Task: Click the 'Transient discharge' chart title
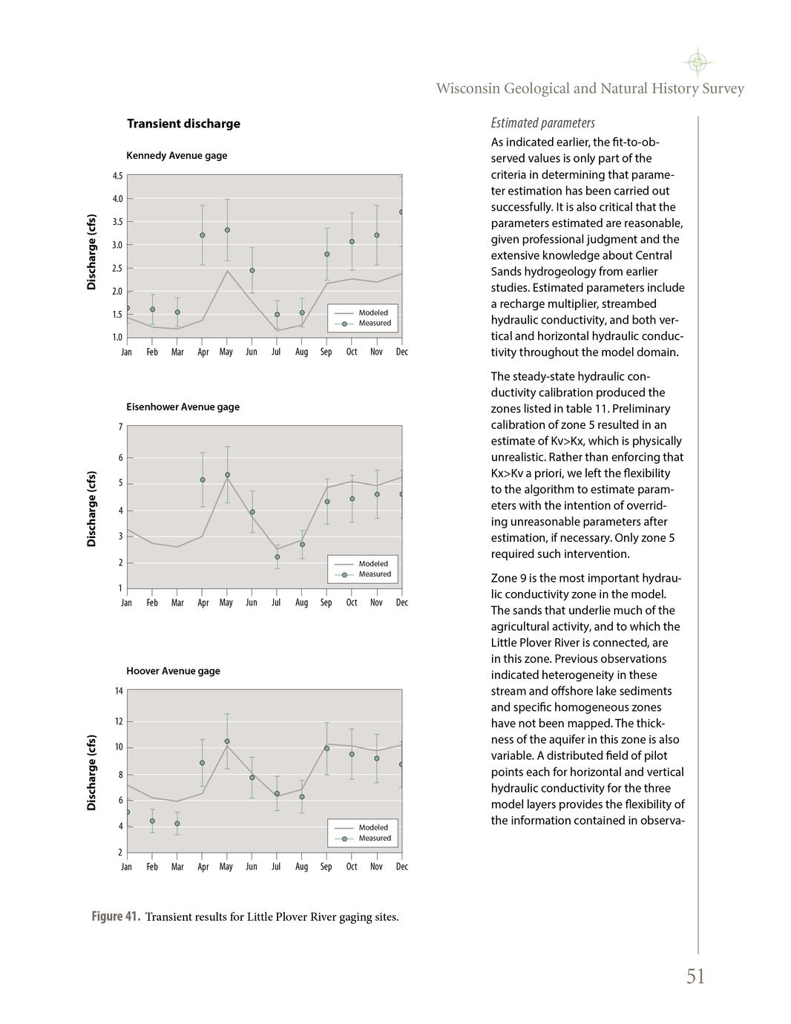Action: (x=183, y=124)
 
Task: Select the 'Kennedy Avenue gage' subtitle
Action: (x=177, y=156)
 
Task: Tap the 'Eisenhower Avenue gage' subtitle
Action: (x=183, y=407)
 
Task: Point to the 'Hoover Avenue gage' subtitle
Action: (x=173, y=671)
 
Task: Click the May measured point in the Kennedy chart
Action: (x=227, y=230)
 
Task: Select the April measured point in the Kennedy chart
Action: (x=202, y=235)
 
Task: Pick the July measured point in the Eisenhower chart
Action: (x=278, y=557)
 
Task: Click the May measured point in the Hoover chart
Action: (x=227, y=741)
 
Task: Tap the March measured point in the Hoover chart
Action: (x=177, y=823)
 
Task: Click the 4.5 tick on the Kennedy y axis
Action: (x=118, y=176)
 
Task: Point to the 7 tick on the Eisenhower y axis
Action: (x=120, y=427)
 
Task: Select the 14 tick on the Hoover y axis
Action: (x=118, y=691)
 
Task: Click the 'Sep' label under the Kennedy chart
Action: (x=326, y=352)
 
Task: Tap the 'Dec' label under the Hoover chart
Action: (x=401, y=867)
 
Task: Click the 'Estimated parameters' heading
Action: (x=542, y=123)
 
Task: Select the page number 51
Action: (x=695, y=977)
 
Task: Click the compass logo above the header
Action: (x=697, y=62)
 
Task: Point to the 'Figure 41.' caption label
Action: (x=116, y=916)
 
